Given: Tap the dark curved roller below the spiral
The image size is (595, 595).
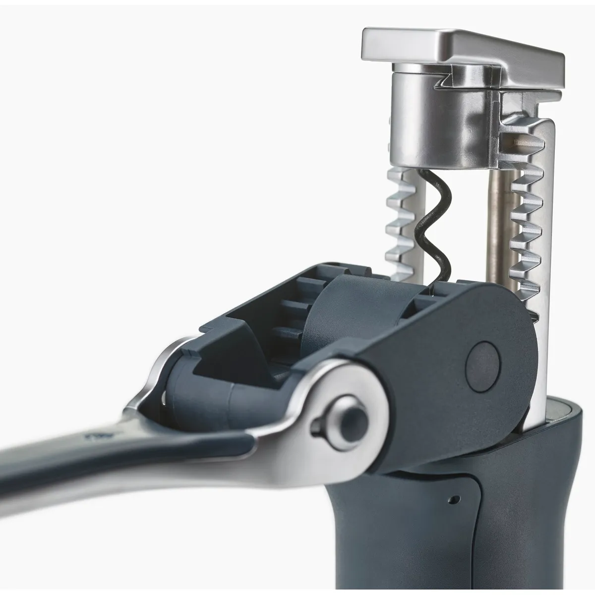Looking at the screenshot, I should coord(342,317).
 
